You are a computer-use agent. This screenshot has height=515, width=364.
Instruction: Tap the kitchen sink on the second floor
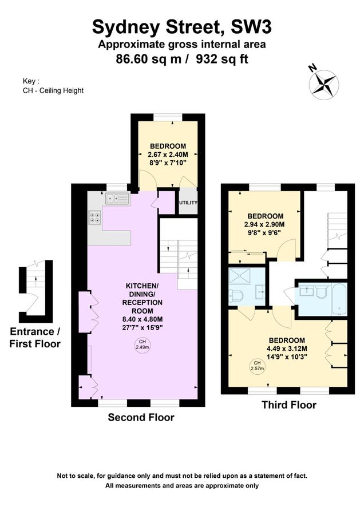(x=116, y=199)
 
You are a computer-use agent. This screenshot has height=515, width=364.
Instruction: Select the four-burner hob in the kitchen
(x=94, y=217)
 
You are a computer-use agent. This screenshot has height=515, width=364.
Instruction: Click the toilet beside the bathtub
(x=319, y=292)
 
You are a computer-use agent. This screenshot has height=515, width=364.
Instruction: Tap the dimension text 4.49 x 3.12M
(x=287, y=347)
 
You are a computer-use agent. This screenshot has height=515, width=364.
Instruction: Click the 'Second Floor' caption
(x=141, y=418)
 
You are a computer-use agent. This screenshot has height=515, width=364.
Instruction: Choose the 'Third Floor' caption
(x=288, y=405)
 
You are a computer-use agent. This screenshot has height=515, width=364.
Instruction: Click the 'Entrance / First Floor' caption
(x=35, y=338)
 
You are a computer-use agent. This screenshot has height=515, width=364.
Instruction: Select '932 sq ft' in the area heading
(x=222, y=58)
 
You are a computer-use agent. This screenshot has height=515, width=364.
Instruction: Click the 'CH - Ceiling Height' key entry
(x=53, y=90)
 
